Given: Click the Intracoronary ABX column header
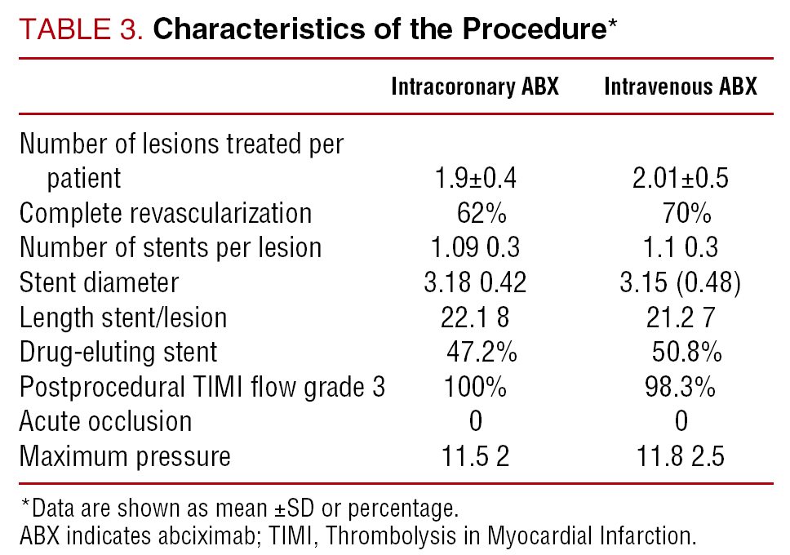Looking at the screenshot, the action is pyautogui.click(x=475, y=87).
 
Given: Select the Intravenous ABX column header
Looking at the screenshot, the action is pyautogui.click(x=681, y=87).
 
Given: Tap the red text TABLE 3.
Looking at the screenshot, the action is pyautogui.click(x=81, y=29).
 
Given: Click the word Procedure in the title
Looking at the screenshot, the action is pyautogui.click(x=535, y=29).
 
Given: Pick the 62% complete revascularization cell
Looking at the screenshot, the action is pyautogui.click(x=482, y=213).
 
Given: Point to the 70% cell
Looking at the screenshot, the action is pyautogui.click(x=686, y=213).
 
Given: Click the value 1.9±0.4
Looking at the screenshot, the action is pyautogui.click(x=475, y=179).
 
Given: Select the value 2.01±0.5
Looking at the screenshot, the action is pyautogui.click(x=680, y=179).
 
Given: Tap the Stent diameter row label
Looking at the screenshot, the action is pyautogui.click(x=99, y=282).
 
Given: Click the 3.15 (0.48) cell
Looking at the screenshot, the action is pyautogui.click(x=680, y=282).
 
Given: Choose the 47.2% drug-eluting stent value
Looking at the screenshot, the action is pyautogui.click(x=482, y=352).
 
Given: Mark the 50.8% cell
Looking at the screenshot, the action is pyautogui.click(x=686, y=352).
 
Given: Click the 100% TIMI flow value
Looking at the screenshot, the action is pyautogui.click(x=475, y=387).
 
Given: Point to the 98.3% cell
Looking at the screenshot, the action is pyautogui.click(x=680, y=387).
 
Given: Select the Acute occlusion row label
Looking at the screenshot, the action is pyautogui.click(x=105, y=421).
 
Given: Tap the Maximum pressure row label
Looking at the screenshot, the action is pyautogui.click(x=125, y=457).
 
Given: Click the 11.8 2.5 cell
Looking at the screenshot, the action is pyautogui.click(x=680, y=457).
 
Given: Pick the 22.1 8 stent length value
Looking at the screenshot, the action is pyautogui.click(x=475, y=317).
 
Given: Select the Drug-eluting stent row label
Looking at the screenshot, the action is pyautogui.click(x=118, y=353).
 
